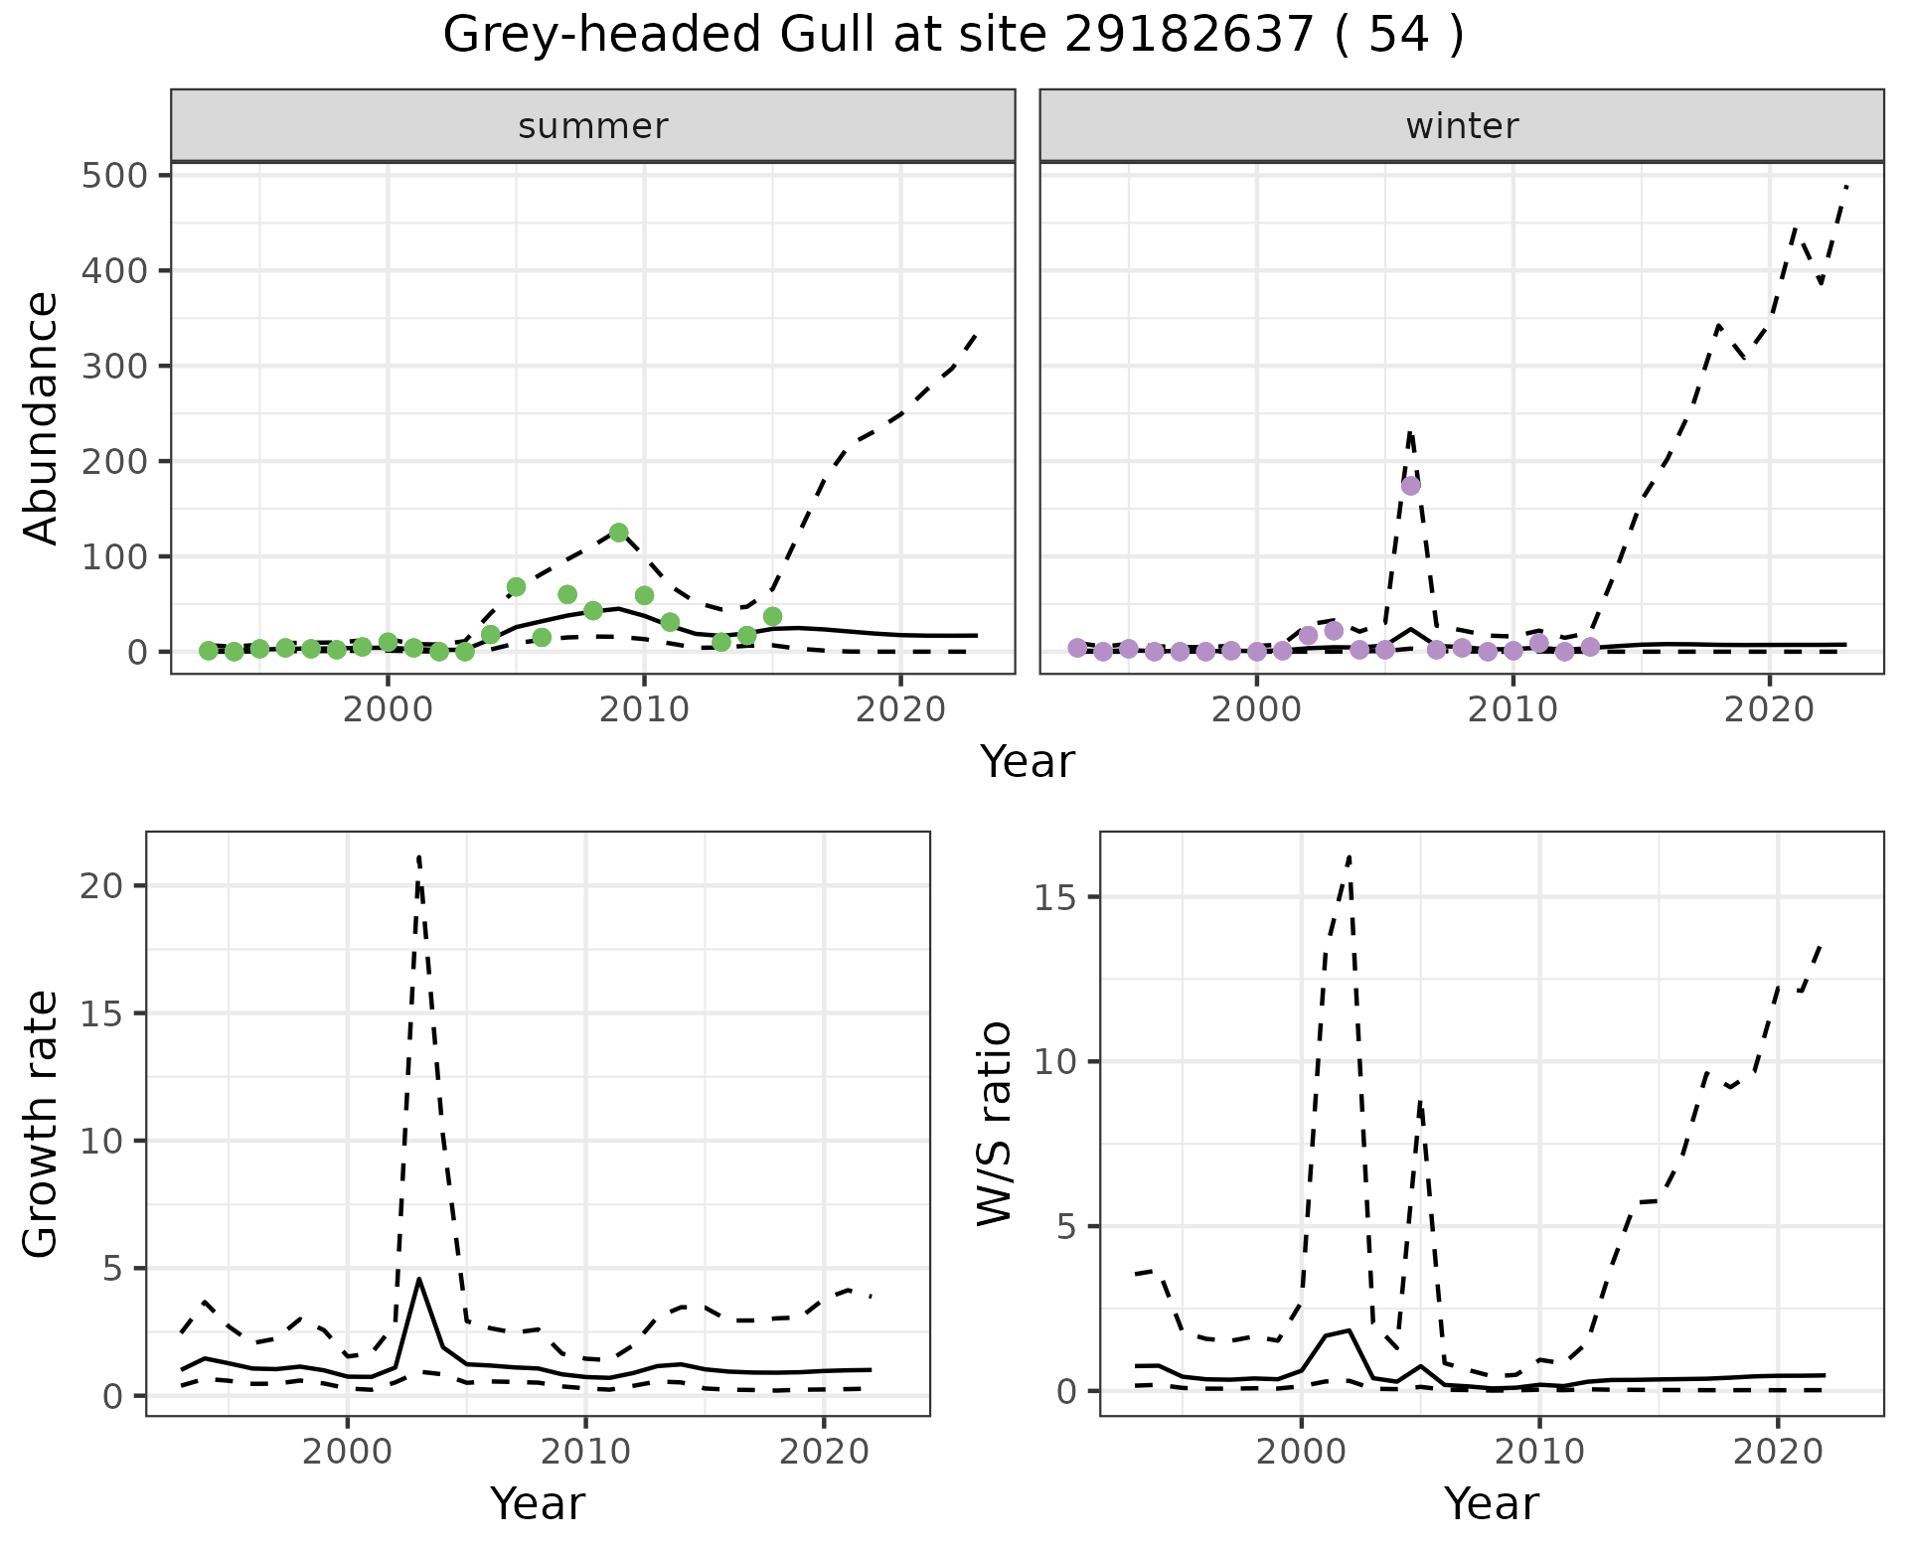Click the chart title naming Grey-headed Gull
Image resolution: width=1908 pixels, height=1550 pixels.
953,36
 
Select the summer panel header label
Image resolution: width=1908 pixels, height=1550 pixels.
592,126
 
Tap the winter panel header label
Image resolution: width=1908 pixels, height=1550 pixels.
1461,126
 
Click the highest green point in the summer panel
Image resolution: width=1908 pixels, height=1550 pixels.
618,533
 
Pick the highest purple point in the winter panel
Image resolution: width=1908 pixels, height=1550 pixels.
1410,486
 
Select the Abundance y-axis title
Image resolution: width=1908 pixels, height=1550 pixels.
42,417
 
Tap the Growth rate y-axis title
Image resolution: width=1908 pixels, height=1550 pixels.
42,1123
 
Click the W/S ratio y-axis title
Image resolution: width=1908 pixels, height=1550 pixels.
995,1123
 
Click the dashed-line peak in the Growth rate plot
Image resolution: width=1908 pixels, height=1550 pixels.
419,855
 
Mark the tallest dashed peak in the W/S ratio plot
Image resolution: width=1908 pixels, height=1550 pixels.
1349,855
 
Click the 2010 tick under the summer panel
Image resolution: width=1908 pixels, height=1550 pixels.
644,709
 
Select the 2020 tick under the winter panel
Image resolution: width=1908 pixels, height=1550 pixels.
1769,709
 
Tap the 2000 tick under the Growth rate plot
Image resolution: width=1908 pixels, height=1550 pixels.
347,1452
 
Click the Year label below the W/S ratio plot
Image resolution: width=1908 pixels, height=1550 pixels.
1491,1504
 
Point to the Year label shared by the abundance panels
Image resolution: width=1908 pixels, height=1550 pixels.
1028,762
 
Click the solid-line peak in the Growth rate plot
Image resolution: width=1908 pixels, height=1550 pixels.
419,1279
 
